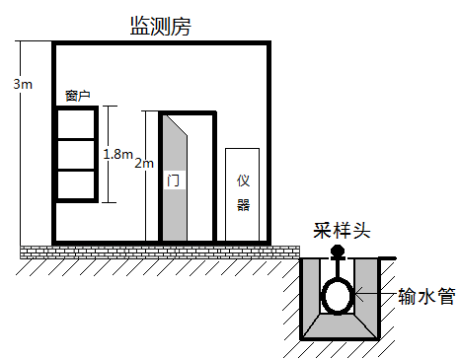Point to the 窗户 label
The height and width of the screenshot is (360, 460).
point(78,96)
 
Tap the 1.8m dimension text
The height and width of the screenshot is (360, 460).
point(117,154)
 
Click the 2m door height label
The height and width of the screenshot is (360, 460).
point(144,162)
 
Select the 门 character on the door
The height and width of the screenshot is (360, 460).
point(173,180)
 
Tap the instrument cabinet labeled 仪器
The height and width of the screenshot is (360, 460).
point(243,193)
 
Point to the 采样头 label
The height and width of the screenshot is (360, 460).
point(341,230)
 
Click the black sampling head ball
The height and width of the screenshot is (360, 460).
point(338,252)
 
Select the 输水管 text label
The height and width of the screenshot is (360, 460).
point(425,296)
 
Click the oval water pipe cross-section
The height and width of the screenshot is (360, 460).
point(338,295)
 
